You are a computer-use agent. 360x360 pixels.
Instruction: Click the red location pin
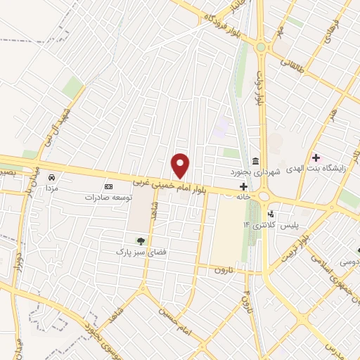tap(181, 166)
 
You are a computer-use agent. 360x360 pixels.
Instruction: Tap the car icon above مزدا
tap(51, 177)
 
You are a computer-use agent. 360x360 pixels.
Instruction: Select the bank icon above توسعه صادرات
tap(108, 186)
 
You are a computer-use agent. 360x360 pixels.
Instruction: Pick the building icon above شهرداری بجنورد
tap(253, 160)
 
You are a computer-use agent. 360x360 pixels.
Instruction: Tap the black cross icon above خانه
tap(243, 186)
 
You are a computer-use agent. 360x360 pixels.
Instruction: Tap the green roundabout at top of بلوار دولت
tap(262, 47)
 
